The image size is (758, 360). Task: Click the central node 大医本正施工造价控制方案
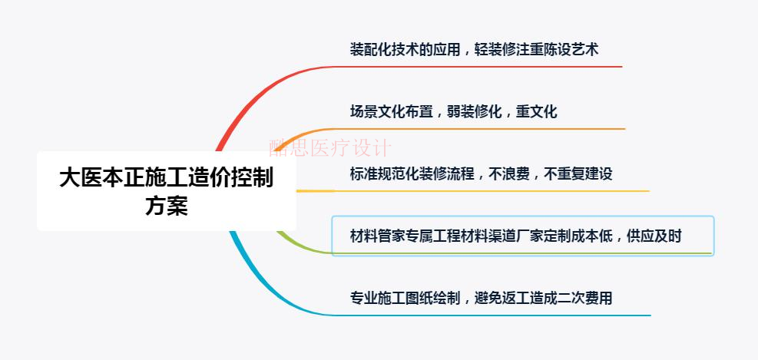coord(166,191)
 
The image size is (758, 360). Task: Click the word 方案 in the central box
coord(166,206)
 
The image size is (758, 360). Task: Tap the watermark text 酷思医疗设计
coord(329,147)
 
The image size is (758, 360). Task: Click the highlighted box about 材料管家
coord(522,236)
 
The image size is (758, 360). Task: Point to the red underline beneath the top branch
coord(476,67)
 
